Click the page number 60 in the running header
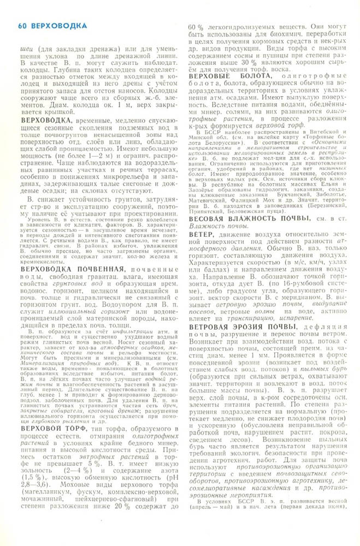(22, 25)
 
